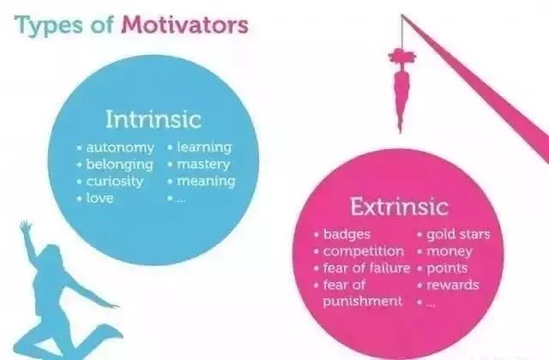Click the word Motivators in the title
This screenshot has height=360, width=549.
184,25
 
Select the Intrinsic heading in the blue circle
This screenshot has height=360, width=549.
154,119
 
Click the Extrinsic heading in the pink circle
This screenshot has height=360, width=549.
399,206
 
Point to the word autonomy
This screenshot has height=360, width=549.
120,147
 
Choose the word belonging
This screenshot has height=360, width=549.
120,165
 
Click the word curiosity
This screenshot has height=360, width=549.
115,182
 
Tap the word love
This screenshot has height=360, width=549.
100,198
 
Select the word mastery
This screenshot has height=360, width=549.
203,164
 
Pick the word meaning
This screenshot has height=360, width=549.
206,181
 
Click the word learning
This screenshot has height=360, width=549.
204,147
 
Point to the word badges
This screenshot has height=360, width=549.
347,234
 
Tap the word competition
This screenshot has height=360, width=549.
364,251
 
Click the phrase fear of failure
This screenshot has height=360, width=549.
366,268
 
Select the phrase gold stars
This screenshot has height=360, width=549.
458,234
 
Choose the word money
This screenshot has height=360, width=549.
449,251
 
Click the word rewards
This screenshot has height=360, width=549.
453,285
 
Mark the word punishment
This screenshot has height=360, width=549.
363,302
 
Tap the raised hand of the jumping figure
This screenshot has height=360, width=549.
25,226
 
